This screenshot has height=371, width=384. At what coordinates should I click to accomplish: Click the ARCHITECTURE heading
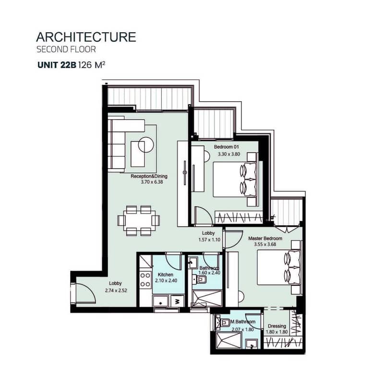(86, 37)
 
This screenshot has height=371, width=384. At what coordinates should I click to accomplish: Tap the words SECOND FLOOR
(66, 49)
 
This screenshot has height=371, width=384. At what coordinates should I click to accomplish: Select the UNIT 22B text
(57, 65)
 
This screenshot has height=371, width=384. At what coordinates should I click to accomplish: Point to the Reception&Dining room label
(149, 176)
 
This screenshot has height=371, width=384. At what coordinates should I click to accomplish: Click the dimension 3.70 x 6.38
(152, 182)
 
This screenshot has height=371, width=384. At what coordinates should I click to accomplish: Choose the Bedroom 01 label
(226, 147)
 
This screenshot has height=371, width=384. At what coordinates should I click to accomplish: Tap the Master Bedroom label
(265, 238)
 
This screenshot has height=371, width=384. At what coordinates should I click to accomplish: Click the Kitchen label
(166, 275)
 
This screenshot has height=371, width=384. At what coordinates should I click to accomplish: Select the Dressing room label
(277, 326)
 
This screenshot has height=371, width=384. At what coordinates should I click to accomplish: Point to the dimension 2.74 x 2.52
(116, 291)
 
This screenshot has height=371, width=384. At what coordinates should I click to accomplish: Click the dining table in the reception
(139, 221)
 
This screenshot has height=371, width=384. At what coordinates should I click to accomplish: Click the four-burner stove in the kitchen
(145, 279)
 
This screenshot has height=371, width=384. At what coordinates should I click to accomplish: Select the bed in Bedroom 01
(235, 179)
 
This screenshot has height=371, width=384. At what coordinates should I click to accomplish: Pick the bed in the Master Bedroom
(279, 267)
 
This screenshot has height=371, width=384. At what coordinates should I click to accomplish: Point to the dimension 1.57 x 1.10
(209, 240)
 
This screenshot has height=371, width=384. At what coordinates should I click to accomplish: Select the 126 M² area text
(92, 65)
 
